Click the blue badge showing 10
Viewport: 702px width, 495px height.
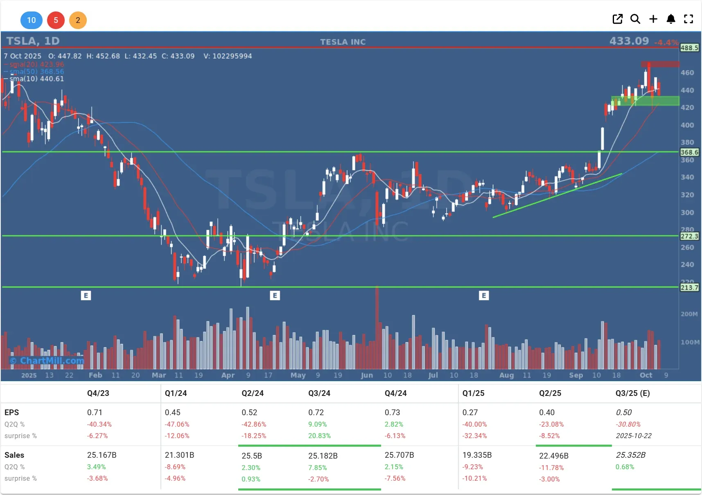tap(31, 20)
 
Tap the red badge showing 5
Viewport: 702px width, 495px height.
tap(56, 20)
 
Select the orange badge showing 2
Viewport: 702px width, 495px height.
tap(78, 20)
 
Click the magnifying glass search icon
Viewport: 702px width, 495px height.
tap(635, 19)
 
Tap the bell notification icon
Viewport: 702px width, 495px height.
tap(670, 19)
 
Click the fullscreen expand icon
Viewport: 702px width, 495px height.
tap(688, 19)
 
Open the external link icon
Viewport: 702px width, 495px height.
tap(617, 19)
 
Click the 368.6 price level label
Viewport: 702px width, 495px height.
tap(689, 152)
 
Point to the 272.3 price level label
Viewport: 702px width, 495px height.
tap(689, 236)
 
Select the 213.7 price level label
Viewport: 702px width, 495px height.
tap(689, 287)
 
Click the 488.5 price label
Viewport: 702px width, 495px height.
tap(689, 48)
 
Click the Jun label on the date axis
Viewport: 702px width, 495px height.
tap(367, 375)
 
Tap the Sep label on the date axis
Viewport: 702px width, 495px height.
tap(576, 375)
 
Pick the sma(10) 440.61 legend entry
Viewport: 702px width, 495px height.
tap(37, 79)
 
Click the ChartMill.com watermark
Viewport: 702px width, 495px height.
tap(47, 361)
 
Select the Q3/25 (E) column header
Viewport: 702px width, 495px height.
tap(632, 393)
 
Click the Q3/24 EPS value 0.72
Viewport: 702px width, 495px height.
tap(316, 412)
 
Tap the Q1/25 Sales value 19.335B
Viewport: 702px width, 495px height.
tap(477, 455)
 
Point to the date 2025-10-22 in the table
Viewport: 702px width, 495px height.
tap(633, 436)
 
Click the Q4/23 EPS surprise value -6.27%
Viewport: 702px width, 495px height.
tap(97, 436)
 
